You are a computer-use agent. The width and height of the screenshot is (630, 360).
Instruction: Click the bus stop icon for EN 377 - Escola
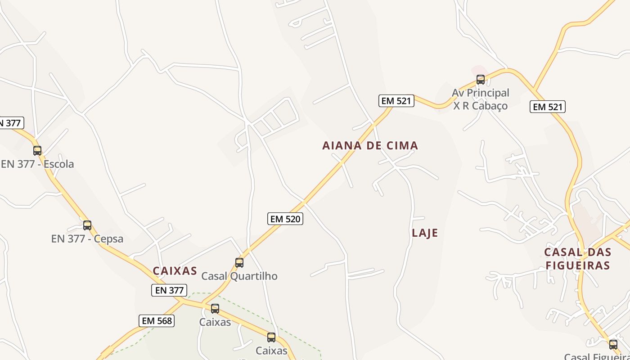pyautogui.click(x=37, y=151)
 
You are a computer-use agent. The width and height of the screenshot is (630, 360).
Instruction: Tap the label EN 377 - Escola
pyautogui.click(x=37, y=164)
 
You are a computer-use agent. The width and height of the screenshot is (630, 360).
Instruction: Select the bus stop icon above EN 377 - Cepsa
pyautogui.click(x=87, y=225)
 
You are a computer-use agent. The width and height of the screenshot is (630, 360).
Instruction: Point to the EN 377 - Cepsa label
pyautogui.click(x=87, y=238)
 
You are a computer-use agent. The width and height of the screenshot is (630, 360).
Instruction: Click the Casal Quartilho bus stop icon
pyautogui.click(x=239, y=262)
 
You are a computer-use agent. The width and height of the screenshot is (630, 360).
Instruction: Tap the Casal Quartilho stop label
pyautogui.click(x=239, y=276)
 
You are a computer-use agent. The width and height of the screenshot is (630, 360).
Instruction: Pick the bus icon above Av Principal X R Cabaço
pyautogui.click(x=481, y=80)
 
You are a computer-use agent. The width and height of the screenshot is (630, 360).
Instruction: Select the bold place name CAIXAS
pyautogui.click(x=175, y=271)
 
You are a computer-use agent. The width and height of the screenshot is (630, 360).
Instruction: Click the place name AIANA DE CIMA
pyautogui.click(x=370, y=145)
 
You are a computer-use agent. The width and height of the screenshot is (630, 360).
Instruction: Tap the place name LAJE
pyautogui.click(x=425, y=233)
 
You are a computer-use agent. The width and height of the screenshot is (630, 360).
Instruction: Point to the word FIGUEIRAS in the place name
pyautogui.click(x=578, y=265)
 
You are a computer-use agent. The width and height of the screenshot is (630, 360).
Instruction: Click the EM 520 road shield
pyautogui.click(x=285, y=219)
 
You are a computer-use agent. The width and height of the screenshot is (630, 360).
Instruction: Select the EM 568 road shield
pyautogui.click(x=157, y=321)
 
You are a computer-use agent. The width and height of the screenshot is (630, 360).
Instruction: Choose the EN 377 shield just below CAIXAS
pyautogui.click(x=169, y=290)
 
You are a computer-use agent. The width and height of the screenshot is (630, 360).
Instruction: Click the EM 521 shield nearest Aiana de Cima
pyautogui.click(x=396, y=101)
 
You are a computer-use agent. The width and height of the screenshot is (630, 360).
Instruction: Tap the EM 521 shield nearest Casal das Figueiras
pyautogui.click(x=548, y=107)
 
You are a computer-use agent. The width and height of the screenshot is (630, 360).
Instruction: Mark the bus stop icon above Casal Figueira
pyautogui.click(x=613, y=345)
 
